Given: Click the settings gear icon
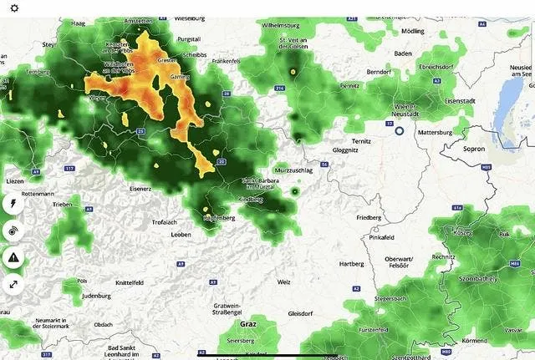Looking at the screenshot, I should coord(14,8).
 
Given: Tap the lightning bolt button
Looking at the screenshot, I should coord(13,203).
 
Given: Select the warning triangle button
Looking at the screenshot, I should coord(13,258).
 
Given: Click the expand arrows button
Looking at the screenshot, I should coord(13,285).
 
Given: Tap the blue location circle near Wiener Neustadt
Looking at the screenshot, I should coord(399,130).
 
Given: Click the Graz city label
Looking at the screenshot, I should coord(247,322).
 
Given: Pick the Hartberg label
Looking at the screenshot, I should coord(351,264).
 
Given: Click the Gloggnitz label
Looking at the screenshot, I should coord(345,151).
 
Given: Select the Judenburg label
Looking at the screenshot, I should coord(97,296).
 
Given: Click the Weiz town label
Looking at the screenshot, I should coord(284,282).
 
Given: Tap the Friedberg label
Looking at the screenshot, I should coord(369,217).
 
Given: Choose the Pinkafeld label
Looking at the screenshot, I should coord(380,237).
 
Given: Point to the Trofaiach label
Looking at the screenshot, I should coord(165,222).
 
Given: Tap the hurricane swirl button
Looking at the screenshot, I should coord(13,231).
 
